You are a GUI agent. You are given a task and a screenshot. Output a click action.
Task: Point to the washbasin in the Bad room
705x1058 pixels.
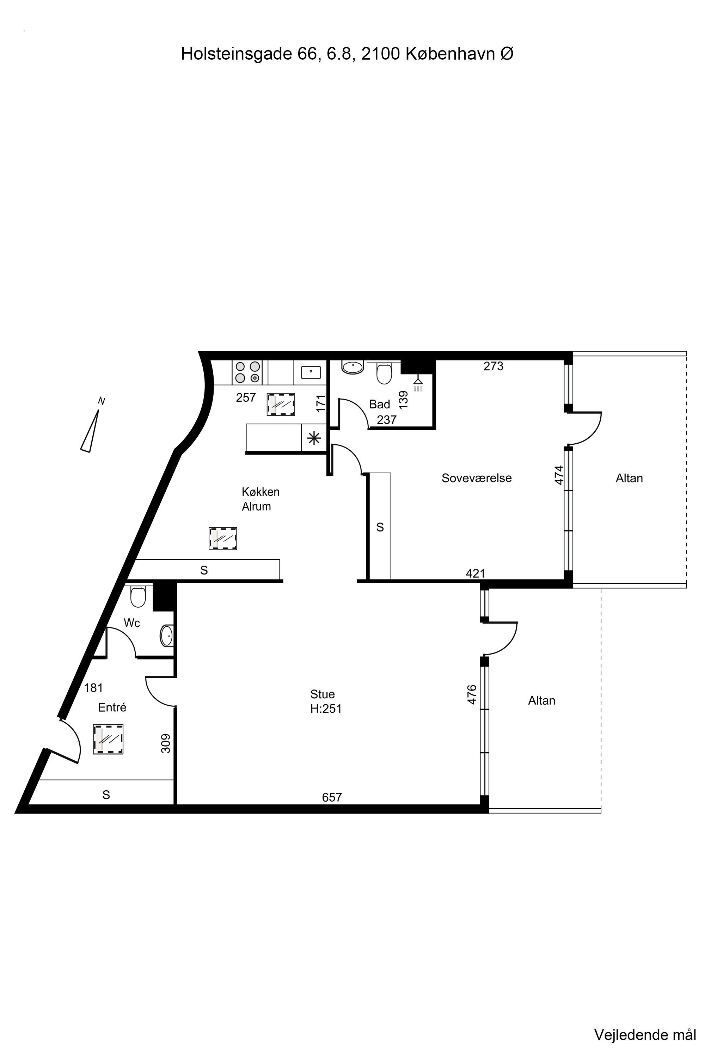[x=352, y=367]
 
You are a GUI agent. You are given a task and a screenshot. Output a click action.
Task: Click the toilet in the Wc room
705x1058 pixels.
[x=138, y=596]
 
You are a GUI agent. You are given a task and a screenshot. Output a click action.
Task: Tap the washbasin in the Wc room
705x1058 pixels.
[x=167, y=636]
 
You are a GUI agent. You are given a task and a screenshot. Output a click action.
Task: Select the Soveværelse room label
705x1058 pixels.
[x=477, y=478]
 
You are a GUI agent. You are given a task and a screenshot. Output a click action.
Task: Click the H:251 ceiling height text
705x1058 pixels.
[x=326, y=709]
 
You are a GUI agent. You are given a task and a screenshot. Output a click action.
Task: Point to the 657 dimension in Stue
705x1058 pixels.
[x=332, y=797]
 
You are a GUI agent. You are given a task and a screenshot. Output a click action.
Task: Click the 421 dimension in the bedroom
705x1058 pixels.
[x=476, y=573]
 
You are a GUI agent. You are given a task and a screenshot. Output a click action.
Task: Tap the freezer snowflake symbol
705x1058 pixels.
[x=314, y=437]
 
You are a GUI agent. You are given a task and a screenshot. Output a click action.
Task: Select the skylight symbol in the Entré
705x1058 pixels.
[x=108, y=739]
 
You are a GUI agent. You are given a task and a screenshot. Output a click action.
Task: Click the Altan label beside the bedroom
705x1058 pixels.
[x=629, y=478]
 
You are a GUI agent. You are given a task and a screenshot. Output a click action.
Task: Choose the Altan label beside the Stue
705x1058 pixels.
[x=541, y=700]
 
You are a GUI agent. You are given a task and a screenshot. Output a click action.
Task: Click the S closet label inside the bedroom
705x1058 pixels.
[x=380, y=527]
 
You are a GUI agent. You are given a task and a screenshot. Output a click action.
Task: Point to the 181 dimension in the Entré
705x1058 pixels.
[x=93, y=688]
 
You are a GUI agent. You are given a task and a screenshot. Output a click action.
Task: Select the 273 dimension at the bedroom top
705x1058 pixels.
[x=493, y=366]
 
